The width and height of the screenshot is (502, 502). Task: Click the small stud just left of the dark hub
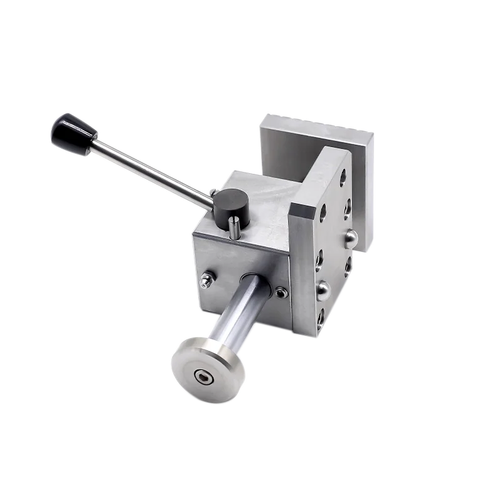[x=213, y=191]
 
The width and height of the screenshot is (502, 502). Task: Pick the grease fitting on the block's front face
[x=208, y=279]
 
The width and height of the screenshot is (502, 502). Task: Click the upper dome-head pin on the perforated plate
[x=351, y=237]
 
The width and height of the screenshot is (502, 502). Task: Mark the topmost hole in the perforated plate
[x=343, y=177]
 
